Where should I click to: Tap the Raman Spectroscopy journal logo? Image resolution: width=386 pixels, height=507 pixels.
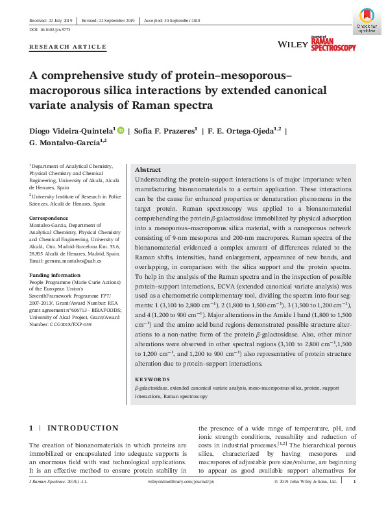(333, 43)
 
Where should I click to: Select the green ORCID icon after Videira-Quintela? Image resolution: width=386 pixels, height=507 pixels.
(121, 130)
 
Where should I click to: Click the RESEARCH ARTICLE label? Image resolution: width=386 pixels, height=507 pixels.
(68, 47)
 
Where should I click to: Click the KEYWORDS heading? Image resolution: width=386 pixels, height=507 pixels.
(152, 379)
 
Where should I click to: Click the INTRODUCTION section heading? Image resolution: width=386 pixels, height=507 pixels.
(82, 429)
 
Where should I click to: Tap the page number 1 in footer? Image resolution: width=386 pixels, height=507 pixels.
(354, 482)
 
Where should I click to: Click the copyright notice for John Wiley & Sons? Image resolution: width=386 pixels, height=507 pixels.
(305, 482)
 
